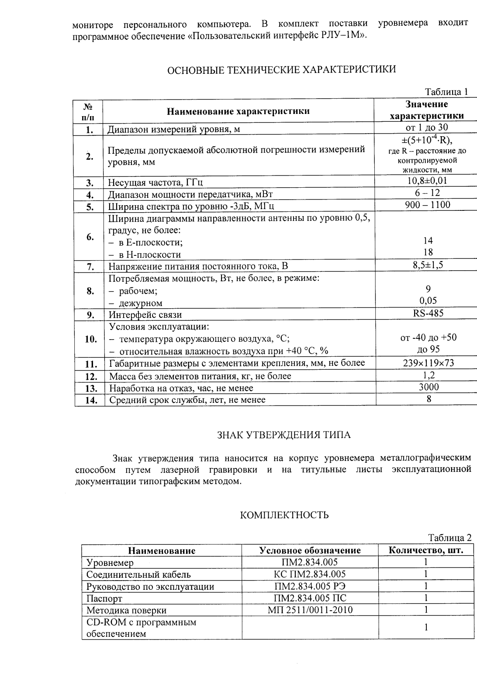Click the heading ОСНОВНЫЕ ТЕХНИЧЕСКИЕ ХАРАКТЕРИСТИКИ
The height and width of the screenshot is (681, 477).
pyautogui.click(x=282, y=69)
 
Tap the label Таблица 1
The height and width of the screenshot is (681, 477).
pyautogui.click(x=446, y=92)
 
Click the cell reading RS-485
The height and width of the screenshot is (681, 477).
pyautogui.click(x=428, y=313)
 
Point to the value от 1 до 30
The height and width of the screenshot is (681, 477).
pyautogui.click(x=427, y=128)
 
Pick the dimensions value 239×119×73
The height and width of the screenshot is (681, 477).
pyautogui.click(x=428, y=363)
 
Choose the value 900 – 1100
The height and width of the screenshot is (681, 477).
pyautogui.click(x=427, y=205)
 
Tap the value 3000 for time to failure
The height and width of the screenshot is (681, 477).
pyautogui.click(x=429, y=387)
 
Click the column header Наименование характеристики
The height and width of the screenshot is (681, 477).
pyautogui.click(x=238, y=111)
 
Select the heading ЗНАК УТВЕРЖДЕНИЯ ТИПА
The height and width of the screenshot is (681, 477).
pyautogui.click(x=284, y=435)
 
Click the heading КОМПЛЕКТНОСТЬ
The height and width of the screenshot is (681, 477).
pyautogui.click(x=284, y=515)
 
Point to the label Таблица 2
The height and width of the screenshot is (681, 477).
pyautogui.click(x=449, y=537)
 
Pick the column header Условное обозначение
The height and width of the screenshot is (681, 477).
pyautogui.click(x=310, y=550)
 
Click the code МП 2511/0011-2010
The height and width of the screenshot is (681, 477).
pyautogui.click(x=310, y=610)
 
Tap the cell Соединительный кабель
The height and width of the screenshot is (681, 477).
pyautogui.click(x=138, y=574)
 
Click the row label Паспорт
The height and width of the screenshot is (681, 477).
pyautogui.click(x=104, y=598)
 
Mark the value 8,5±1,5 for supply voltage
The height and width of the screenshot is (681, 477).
pyautogui.click(x=428, y=265)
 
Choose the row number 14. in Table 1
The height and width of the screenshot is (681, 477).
pyautogui.click(x=90, y=400)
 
